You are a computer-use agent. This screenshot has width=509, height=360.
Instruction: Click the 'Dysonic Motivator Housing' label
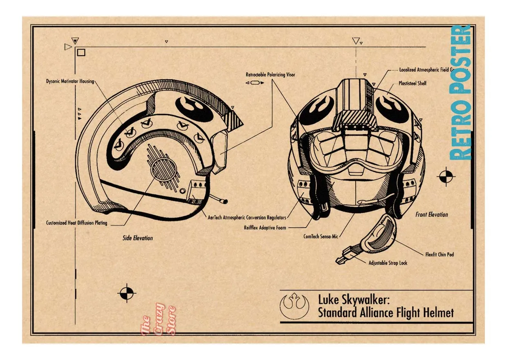70,81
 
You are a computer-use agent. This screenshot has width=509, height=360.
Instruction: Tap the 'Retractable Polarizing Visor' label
270,75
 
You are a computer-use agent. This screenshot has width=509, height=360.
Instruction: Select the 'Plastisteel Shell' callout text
412,83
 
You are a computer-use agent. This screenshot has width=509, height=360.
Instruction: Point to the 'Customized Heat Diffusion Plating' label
76,223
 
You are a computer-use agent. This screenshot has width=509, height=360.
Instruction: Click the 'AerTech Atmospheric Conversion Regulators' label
247,218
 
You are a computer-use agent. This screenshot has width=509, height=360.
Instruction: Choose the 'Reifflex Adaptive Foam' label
265,227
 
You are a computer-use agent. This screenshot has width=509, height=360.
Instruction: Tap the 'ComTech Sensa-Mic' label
321,236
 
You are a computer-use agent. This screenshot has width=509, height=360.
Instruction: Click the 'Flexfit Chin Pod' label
439,254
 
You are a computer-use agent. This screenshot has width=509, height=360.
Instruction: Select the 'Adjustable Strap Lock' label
388,263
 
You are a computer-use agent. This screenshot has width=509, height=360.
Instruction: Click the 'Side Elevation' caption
138,238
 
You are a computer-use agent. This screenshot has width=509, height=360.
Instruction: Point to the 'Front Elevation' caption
431,215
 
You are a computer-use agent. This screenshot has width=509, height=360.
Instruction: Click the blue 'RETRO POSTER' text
460,92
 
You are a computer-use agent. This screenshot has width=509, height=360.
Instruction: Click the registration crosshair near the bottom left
127,293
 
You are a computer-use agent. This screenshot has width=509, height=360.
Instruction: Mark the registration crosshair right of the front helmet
446,177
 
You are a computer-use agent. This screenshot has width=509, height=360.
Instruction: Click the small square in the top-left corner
81,52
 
